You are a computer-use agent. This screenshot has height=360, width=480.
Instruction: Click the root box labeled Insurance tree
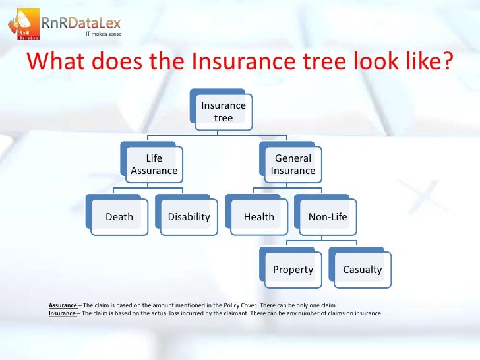pyautogui.click(x=223, y=111)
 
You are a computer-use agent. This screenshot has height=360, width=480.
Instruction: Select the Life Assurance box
pyautogui.click(x=154, y=165)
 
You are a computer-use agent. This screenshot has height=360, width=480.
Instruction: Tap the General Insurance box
pyautogui.click(x=293, y=165)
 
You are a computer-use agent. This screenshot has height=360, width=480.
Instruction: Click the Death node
pyautogui.click(x=119, y=217)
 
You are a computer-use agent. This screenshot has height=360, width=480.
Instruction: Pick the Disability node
pyautogui.click(x=189, y=217)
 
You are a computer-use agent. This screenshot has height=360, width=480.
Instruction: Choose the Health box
pyautogui.click(x=258, y=217)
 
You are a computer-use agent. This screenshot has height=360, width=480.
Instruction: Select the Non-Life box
pyautogui.click(x=328, y=217)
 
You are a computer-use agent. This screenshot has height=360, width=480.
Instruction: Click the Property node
pyautogui.click(x=293, y=270)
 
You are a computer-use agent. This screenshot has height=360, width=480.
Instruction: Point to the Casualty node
pyautogui.click(x=362, y=270)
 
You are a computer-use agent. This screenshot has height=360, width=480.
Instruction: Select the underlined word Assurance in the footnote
pyautogui.click(x=63, y=306)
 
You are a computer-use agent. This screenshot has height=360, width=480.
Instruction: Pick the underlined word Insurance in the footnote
pyautogui.click(x=63, y=313)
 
